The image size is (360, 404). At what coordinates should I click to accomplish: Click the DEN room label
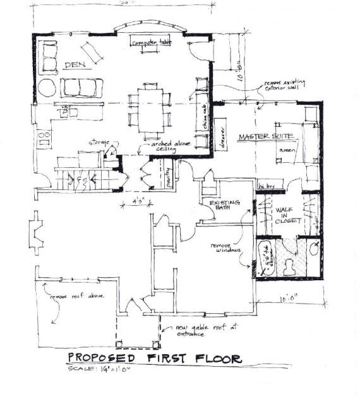click(x=75, y=66)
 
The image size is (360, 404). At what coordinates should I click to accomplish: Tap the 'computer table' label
click(x=151, y=42)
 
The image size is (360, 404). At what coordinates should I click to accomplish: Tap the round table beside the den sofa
click(x=47, y=87)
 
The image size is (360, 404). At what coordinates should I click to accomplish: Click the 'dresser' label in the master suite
click(x=222, y=136)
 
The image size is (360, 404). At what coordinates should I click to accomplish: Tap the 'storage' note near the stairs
click(x=102, y=141)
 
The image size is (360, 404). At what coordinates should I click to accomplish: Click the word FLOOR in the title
click(x=213, y=359)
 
